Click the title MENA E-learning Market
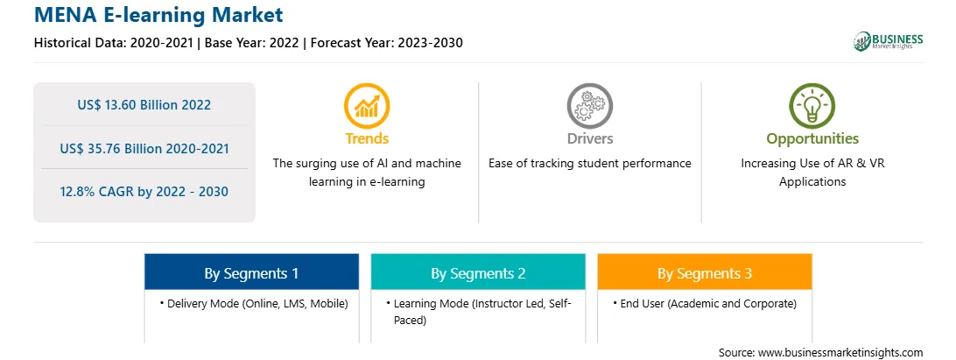coord(158,14)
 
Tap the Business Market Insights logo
coord(888,41)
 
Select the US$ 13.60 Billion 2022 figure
coord(144,105)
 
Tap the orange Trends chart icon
coord(367,106)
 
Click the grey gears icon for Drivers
coord(589,106)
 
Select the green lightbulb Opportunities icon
coord(812,106)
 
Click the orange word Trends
coord(367,138)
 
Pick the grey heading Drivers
coord(589,138)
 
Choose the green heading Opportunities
coord(812,139)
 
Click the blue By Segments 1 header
coord(251,272)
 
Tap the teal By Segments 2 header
coord(478,272)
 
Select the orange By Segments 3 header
coord(705,272)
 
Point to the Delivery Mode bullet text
coord(254,303)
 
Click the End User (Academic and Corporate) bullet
coord(705,303)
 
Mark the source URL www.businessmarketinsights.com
coord(840,352)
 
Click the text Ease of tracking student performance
coord(589,164)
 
